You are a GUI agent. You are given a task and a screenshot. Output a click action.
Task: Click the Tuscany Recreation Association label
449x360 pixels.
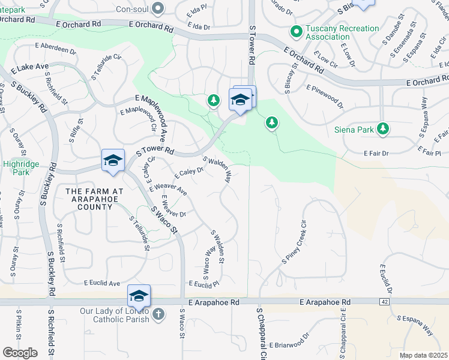[x=343, y=32]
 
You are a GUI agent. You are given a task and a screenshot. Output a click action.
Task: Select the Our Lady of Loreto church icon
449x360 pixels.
[x=158, y=314]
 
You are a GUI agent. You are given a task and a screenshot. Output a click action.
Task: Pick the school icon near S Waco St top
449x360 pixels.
[x=113, y=160]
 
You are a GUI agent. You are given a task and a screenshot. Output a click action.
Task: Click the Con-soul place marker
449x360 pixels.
[x=158, y=8]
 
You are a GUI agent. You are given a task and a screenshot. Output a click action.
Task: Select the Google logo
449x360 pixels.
[x=20, y=352]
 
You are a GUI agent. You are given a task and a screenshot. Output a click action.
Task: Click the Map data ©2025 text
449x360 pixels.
[x=423, y=355]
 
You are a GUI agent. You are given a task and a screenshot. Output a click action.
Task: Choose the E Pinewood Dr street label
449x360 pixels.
[x=324, y=97]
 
